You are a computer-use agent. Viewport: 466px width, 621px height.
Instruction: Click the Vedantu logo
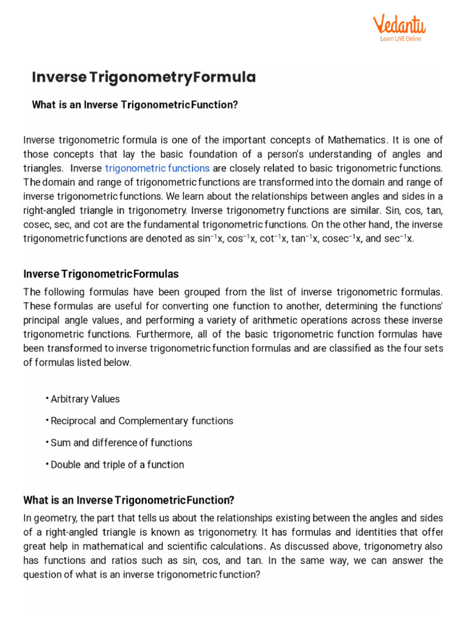point(399,24)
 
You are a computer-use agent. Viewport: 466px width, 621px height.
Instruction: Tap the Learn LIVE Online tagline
point(400,39)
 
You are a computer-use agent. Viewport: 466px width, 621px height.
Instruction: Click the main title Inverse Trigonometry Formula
point(144,78)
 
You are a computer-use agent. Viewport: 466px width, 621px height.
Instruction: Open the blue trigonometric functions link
point(157,167)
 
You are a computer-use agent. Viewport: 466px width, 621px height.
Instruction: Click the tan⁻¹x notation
point(305,238)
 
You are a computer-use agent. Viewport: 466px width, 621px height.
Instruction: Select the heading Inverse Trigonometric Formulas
point(101,274)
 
